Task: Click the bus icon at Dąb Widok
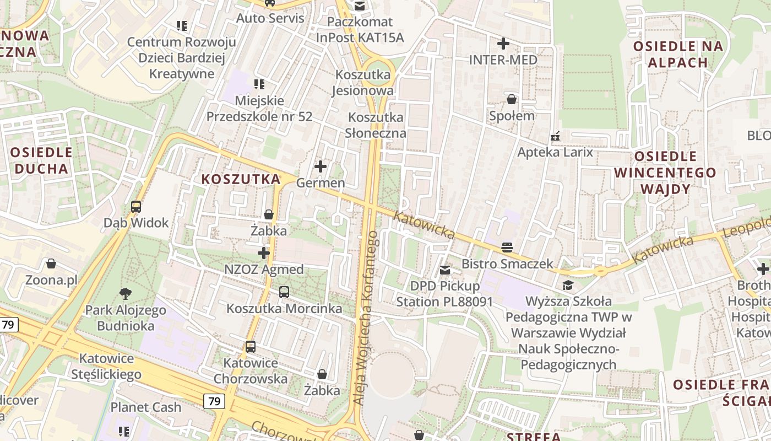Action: click(136, 207)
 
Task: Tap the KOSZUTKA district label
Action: click(241, 179)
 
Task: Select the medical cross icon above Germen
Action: click(320, 166)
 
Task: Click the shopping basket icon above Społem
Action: click(512, 99)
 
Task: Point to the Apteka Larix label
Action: click(555, 152)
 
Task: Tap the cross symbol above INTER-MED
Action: click(503, 43)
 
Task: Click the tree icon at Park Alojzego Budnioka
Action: click(126, 293)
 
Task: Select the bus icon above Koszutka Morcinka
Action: click(284, 292)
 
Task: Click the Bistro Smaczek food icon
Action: click(507, 248)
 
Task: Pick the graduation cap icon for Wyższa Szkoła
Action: click(568, 285)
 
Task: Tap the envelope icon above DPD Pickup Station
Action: click(444, 270)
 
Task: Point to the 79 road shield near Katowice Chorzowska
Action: click(214, 401)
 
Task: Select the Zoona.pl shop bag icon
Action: click(51, 263)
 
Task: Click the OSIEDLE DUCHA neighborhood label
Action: click(41, 160)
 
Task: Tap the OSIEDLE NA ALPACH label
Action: click(678, 54)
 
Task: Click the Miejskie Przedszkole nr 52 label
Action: click(259, 109)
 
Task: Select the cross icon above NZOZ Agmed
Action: click(264, 253)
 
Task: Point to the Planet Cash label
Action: click(146, 407)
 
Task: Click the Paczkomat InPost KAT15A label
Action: click(360, 30)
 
